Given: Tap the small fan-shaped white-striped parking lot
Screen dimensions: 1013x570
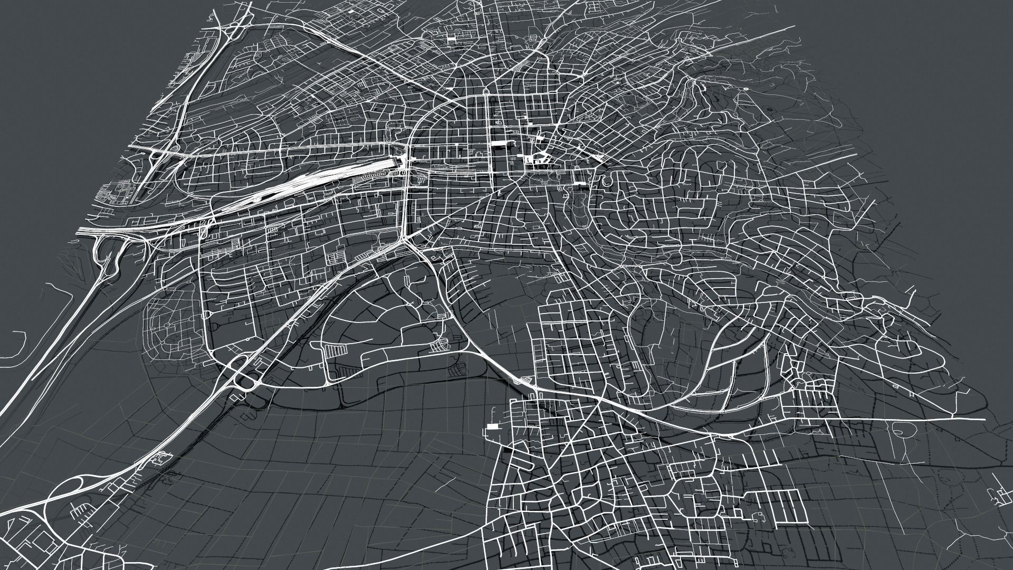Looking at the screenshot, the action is point(437,346).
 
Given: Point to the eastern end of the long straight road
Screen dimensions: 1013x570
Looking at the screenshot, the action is point(983,419).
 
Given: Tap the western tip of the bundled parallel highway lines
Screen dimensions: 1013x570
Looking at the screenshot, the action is point(79,230).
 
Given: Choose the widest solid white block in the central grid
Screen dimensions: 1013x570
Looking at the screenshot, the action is point(498,144).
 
